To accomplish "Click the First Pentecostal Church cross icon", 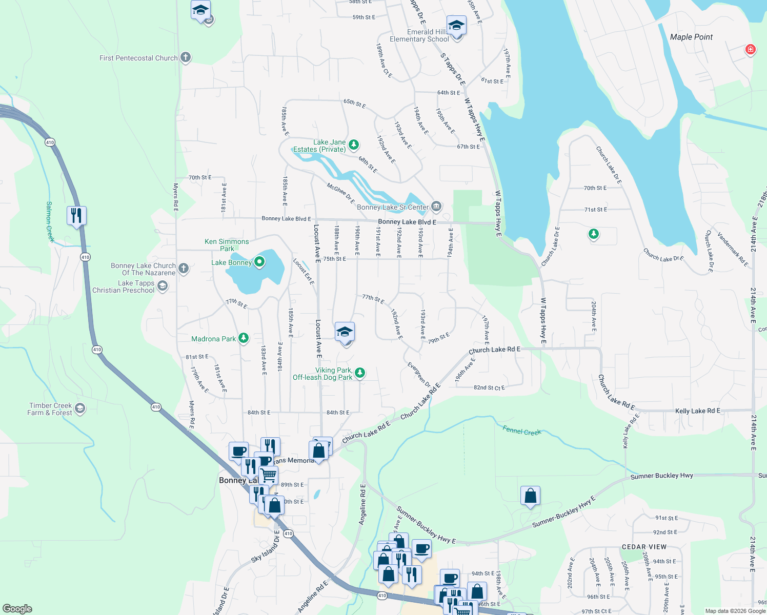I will (186, 57).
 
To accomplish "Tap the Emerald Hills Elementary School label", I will (419, 35).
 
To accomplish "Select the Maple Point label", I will (691, 37).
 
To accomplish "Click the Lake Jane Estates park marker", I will (354, 145).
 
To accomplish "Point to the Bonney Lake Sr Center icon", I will (436, 207).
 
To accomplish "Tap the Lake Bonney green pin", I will (259, 262).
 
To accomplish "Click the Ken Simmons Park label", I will (227, 245).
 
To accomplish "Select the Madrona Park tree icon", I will (244, 338).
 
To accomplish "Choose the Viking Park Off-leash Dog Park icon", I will (360, 373).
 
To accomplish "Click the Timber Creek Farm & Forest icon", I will (79, 408).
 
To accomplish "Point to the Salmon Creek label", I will (50, 221).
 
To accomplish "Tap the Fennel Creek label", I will (522, 432).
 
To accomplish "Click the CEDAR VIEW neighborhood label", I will (644, 547).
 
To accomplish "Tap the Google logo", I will (17, 609).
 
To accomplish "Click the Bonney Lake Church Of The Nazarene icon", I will (184, 269).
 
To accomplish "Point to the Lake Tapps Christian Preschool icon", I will (163, 286).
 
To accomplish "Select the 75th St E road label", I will (334, 259).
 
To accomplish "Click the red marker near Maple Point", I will (751, 50).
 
